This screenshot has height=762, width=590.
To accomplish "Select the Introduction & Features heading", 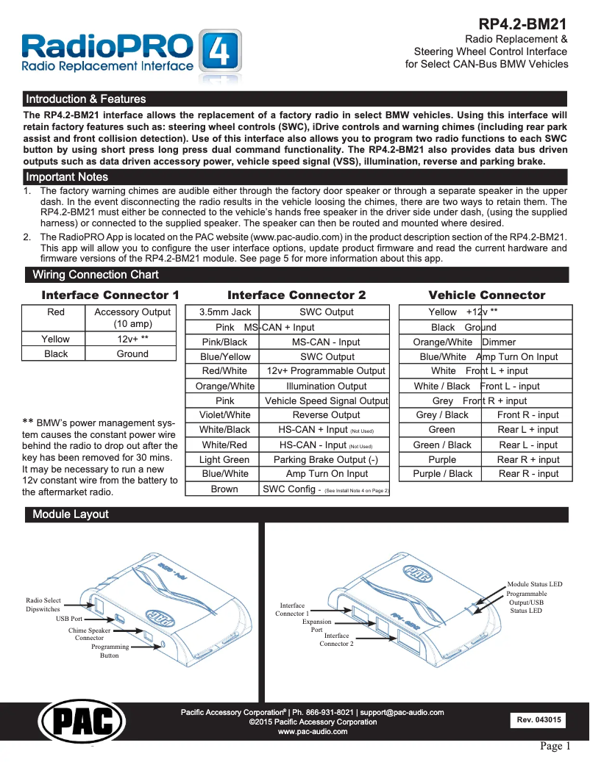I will pyautogui.click(x=86, y=99).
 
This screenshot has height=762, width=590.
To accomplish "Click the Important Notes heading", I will pyautogui.click(x=67, y=177).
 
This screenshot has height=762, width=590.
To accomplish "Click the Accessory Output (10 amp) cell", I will pyautogui.click(x=132, y=317).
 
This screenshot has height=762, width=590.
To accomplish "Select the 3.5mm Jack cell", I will pyautogui.click(x=225, y=312).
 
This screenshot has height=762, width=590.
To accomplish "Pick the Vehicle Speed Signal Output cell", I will pyautogui.click(x=327, y=401).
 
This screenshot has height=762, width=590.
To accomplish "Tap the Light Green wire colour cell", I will pyautogui.click(x=224, y=460).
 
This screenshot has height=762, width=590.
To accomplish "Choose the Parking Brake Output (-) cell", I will pyautogui.click(x=327, y=460).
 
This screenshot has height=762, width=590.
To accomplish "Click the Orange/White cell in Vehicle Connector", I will pyautogui.click(x=442, y=342).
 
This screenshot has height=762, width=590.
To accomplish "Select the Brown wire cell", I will pyautogui.click(x=224, y=489).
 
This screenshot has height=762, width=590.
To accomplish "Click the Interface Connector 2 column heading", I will pyautogui.click(x=296, y=295).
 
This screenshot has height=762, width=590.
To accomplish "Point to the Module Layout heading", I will pyautogui.click(x=71, y=514).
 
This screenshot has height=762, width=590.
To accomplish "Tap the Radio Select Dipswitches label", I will pyautogui.click(x=43, y=605).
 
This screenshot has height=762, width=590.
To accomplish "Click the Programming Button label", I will pyautogui.click(x=110, y=651).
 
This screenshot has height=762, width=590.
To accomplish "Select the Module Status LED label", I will pyautogui.click(x=534, y=584).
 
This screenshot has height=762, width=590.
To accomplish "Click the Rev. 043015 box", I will pyautogui.click(x=539, y=720).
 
